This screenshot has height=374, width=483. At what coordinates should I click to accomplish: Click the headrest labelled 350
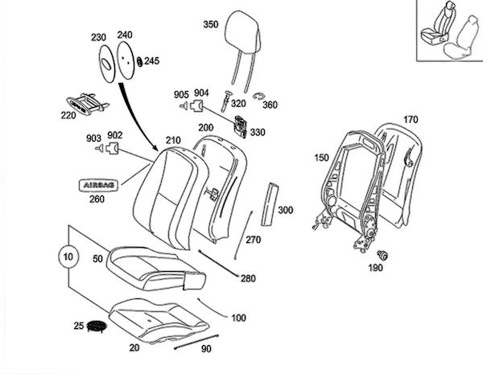coord(243,34)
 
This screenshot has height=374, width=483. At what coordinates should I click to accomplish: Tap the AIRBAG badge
coord(99,185)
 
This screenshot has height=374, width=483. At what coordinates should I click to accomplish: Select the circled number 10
coord(68,257)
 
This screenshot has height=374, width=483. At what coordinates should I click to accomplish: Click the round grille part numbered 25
coord(97,326)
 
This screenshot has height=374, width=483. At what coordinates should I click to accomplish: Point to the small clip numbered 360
coord(258,97)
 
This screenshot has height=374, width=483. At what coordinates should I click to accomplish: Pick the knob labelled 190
coord(382,255)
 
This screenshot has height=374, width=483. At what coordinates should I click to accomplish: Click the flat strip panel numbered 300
coord(269,204)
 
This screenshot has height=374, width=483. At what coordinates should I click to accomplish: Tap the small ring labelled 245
coord(140,61)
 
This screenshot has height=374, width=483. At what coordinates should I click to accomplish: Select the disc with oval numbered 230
coord(106,64)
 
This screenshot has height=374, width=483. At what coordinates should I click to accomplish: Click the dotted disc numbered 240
coord(126,60)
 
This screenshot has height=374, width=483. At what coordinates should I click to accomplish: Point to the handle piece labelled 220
coord(87,104)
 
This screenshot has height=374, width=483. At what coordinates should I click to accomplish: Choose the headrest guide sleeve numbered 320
coord(225,101)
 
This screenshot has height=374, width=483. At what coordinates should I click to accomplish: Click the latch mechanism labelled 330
coord(241,126)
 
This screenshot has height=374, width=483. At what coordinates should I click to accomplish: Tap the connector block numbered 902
coord(112,148)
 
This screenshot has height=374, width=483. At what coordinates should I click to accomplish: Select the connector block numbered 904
coord(196,105)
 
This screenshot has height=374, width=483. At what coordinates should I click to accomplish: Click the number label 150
coord(321,158)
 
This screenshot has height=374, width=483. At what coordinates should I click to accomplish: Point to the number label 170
coord(411,119)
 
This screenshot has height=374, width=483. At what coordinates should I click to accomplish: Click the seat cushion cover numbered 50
coord(156,269)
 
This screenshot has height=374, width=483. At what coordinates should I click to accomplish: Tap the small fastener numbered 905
coord(184,106)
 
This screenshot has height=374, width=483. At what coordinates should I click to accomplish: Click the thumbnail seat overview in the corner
coord(450,31)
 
